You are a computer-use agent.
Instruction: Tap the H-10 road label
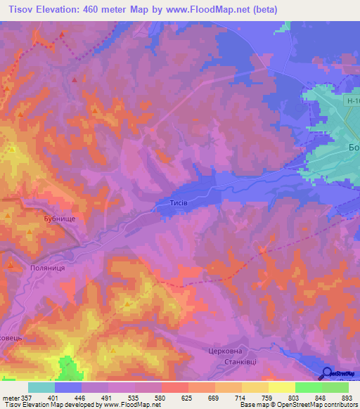[x=352, y=101]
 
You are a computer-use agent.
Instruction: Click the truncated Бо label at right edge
[x=354, y=148]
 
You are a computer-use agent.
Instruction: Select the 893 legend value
[x=345, y=397]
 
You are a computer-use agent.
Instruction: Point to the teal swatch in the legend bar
[x=41, y=387]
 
